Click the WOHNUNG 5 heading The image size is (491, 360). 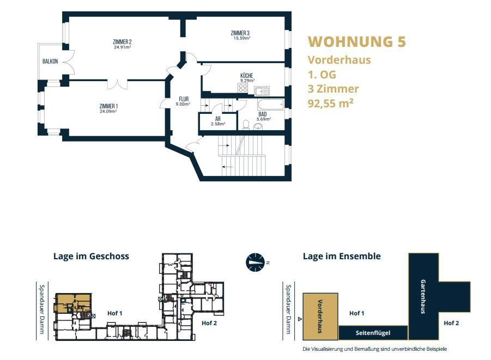pos(356,42)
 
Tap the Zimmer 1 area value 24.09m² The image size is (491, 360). pos(108,112)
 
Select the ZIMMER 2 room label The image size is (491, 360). pos(122,42)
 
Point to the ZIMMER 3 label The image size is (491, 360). pos(240,33)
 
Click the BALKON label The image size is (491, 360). pos(50,62)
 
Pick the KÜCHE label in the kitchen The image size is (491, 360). pos(247,76)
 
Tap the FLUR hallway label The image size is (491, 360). pos(184,99)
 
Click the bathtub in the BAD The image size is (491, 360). pos(271,105)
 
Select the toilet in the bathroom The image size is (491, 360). pos(246,125)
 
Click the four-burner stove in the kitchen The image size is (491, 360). pos(243,88)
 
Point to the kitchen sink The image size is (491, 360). pos(262,91)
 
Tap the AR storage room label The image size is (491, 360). pos(218,119)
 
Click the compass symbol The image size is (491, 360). pos(255,262)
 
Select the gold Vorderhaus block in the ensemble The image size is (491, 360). pos(320,316)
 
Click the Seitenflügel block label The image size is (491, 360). pos(373,333)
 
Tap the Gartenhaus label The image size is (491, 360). pos(423,296)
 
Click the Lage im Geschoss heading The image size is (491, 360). pos(91,256)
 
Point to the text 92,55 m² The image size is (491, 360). pos(331,103)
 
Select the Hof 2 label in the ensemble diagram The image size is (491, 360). pos(451,323)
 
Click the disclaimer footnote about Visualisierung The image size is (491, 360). pos(374,349)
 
